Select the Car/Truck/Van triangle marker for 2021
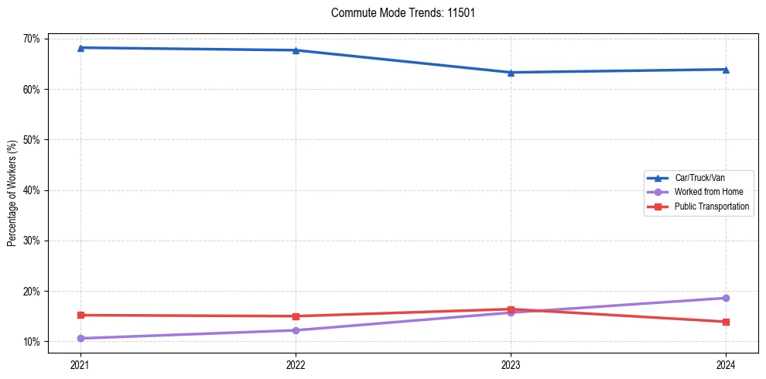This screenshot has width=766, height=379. click(80, 48)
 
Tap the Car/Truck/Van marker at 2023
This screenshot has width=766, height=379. click(511, 73)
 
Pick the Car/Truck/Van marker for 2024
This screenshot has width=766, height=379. click(726, 70)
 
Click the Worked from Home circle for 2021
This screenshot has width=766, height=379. click(80, 338)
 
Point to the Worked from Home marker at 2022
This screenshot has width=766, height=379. click(296, 330)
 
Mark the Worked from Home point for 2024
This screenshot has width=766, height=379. click(726, 298)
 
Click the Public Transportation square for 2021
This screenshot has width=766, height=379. click(80, 315)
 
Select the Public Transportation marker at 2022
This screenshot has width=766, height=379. click(296, 316)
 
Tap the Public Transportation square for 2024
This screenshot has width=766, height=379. click(726, 322)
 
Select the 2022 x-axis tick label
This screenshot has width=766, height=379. click(296, 364)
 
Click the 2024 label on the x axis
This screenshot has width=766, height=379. click(726, 364)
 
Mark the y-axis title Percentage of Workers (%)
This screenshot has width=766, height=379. click(12, 193)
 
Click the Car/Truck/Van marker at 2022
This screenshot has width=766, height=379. click(296, 50)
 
